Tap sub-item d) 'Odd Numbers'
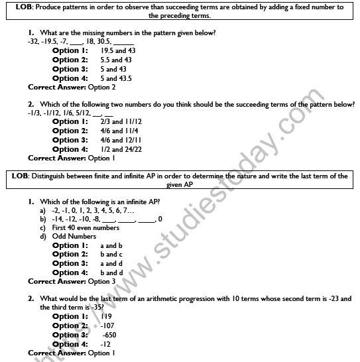74,236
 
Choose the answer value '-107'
109,326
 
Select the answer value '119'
109,316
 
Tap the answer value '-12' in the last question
105,344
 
